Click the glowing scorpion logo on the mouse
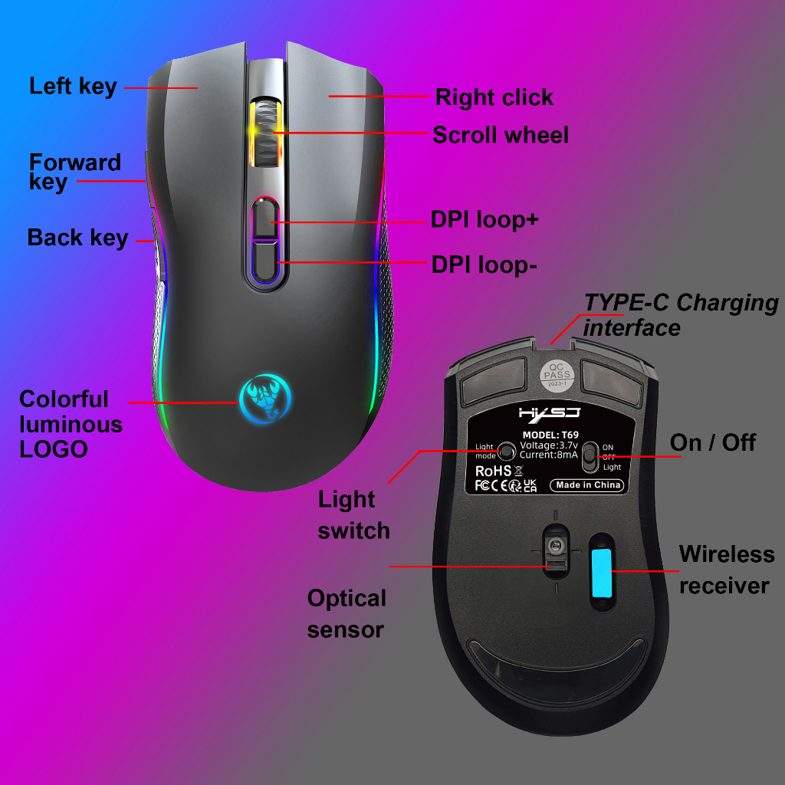265,396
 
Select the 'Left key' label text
73,86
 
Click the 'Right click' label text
494,97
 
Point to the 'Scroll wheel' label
501,136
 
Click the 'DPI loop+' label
484,220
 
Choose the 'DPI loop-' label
484,264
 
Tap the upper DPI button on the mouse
266,218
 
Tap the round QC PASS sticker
557,375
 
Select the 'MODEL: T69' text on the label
552,435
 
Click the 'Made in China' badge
588,485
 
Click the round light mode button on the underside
506,451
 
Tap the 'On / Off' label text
712,442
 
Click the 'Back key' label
77,238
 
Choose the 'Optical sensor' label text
347,613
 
